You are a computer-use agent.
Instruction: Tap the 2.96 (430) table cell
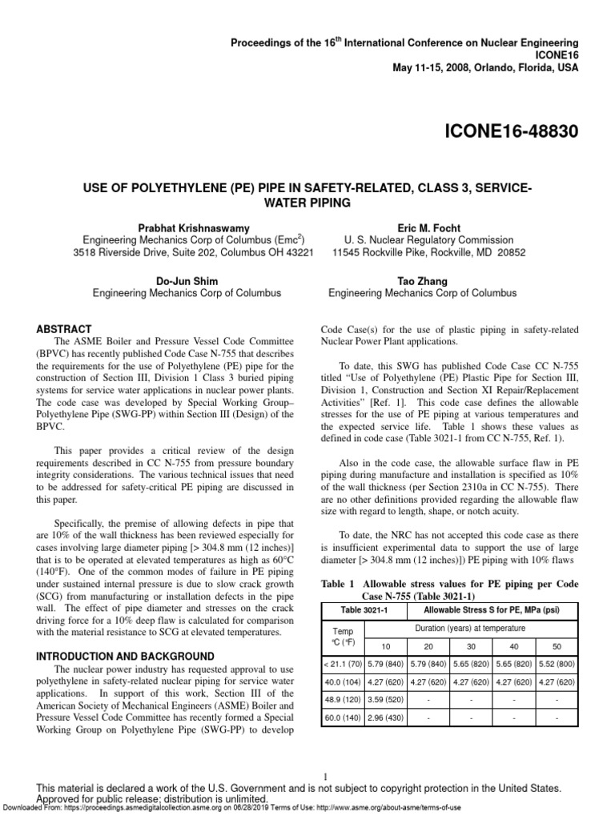point(386,718)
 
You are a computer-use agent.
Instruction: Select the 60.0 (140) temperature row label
point(343,718)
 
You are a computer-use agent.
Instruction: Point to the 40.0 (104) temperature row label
point(343,681)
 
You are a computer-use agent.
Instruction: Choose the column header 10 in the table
point(386,645)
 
